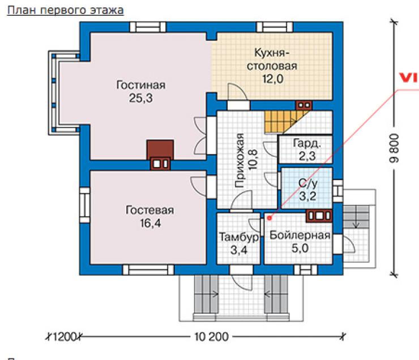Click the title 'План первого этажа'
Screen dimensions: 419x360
click(65, 10)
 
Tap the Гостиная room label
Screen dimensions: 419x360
click(141, 85)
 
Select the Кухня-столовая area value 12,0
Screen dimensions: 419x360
click(272, 79)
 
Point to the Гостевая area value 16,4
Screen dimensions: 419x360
click(151, 223)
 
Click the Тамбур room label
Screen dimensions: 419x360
click(239, 237)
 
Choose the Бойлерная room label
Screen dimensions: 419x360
click(300, 235)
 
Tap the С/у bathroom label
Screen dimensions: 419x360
click(308, 183)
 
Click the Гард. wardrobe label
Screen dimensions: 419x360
click(307, 144)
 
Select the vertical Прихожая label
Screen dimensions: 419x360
click(240, 160)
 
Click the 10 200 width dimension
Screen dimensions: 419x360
click(211, 337)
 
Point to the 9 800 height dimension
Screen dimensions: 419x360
click(394, 148)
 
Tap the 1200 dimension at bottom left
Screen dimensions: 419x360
click(64, 337)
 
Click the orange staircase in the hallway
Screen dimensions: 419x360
click(284, 122)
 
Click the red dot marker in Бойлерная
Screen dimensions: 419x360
click(270, 218)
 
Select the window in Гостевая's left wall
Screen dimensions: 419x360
click(85, 205)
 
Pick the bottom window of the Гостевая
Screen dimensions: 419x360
click(148, 270)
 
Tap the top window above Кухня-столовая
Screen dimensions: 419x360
click(275, 27)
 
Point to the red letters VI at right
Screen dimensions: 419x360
click(409, 78)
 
